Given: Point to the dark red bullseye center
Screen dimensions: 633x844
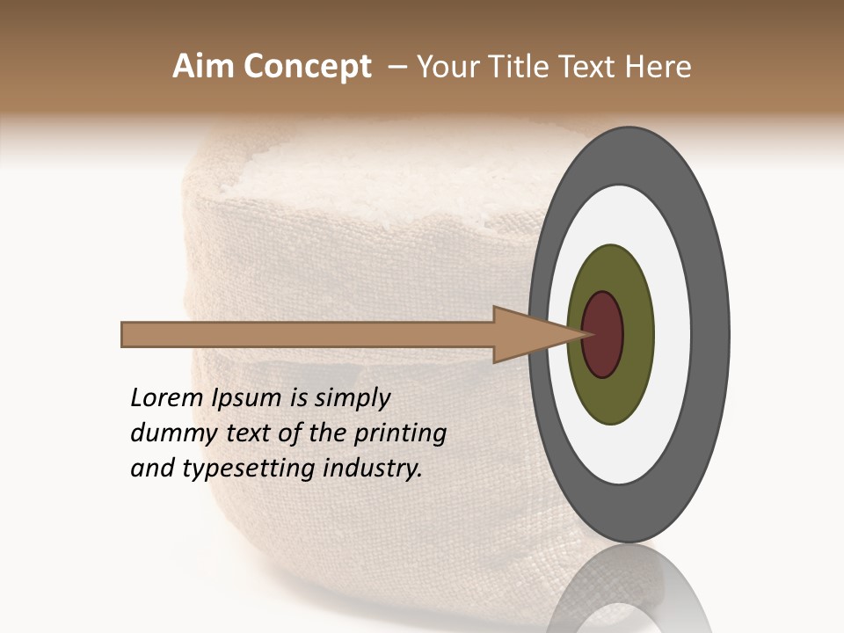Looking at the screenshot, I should coord(603,334).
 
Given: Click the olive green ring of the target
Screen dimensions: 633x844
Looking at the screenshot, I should coord(611,396).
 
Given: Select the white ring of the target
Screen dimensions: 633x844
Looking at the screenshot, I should coord(626,448).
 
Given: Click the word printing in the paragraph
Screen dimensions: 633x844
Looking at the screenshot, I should coord(400,434).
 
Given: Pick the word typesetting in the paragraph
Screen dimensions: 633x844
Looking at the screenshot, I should coord(248,469).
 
